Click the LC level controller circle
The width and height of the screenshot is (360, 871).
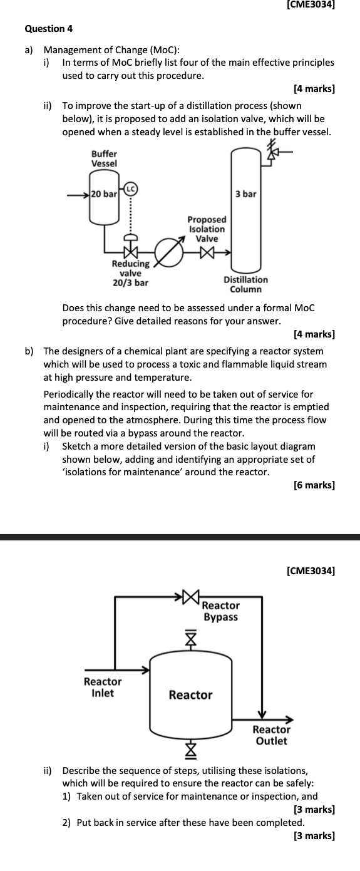[x=131, y=189]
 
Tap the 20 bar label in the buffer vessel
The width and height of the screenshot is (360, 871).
[x=104, y=194]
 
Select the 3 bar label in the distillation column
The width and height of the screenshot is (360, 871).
[x=245, y=193]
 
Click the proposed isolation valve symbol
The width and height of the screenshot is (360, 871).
[x=207, y=253]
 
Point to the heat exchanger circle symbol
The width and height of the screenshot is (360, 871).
[x=169, y=253]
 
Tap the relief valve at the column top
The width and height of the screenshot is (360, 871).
[x=273, y=152]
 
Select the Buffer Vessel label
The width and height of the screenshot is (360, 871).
[x=104, y=158]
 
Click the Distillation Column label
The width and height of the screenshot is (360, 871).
[x=245, y=284]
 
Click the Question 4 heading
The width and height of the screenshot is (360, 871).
[x=49, y=29]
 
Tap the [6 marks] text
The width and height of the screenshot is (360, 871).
[x=314, y=485]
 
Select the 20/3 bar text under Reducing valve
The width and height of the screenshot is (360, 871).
[x=131, y=282]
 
